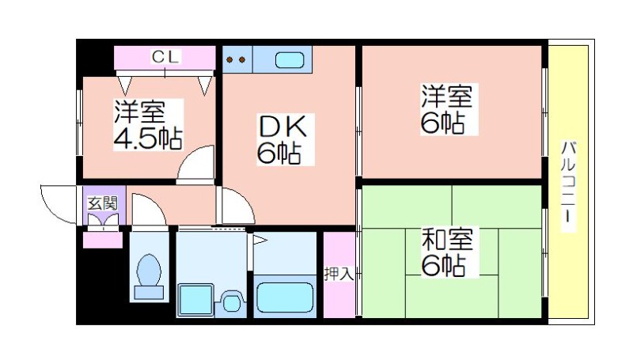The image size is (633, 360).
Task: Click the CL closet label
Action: (x=165, y=57)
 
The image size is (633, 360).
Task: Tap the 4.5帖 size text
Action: (x=147, y=138)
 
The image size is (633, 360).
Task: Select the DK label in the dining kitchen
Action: (x=282, y=127)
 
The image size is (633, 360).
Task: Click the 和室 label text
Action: (x=447, y=239)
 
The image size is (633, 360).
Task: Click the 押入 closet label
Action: (x=339, y=274)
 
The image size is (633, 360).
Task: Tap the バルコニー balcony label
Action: (x=568, y=182)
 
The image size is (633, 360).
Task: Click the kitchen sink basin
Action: (x=290, y=61)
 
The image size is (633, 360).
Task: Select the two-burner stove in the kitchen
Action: (x=237, y=59)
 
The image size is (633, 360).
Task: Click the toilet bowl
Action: (x=149, y=277)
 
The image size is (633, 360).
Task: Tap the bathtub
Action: (x=285, y=297)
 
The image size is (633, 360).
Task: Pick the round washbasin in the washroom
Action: (x=231, y=303)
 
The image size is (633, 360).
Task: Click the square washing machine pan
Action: (x=195, y=299)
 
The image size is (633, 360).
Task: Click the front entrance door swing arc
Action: (x=59, y=205)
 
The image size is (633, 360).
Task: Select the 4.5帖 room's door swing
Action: (x=195, y=165)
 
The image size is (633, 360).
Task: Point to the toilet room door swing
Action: (x=149, y=210)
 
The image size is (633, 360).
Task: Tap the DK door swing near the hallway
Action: (x=238, y=206)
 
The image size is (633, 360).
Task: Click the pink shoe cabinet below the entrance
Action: (x=103, y=241)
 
